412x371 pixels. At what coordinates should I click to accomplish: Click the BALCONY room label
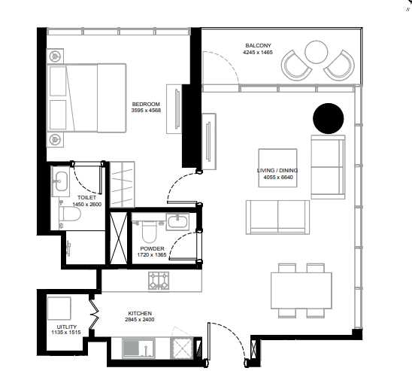click(258, 45)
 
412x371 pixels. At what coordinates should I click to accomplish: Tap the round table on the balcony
click(317, 52)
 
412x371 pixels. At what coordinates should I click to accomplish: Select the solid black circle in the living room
click(329, 118)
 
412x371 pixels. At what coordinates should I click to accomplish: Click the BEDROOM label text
click(146, 104)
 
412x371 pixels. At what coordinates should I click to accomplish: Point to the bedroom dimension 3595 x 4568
click(146, 111)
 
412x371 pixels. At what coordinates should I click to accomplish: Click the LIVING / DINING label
click(277, 170)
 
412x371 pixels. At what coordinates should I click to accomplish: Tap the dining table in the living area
click(301, 290)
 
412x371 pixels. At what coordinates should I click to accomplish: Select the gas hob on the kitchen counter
click(159, 281)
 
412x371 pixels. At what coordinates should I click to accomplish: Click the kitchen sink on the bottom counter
click(138, 348)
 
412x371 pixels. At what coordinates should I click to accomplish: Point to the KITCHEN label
click(140, 313)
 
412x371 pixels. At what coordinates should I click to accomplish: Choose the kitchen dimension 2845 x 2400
click(140, 320)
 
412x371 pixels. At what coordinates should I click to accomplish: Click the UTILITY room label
click(67, 327)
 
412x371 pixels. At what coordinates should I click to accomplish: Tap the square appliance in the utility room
click(59, 309)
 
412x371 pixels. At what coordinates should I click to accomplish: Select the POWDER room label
click(152, 248)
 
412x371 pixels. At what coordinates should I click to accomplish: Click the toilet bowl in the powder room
click(149, 232)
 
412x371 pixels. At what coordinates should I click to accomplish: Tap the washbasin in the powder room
click(178, 220)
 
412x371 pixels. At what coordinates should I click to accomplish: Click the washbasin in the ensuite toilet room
click(61, 181)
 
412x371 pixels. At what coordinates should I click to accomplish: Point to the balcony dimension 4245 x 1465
click(258, 52)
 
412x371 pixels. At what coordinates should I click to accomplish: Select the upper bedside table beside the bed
click(55, 56)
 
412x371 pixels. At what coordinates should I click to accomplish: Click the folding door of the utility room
click(94, 315)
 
